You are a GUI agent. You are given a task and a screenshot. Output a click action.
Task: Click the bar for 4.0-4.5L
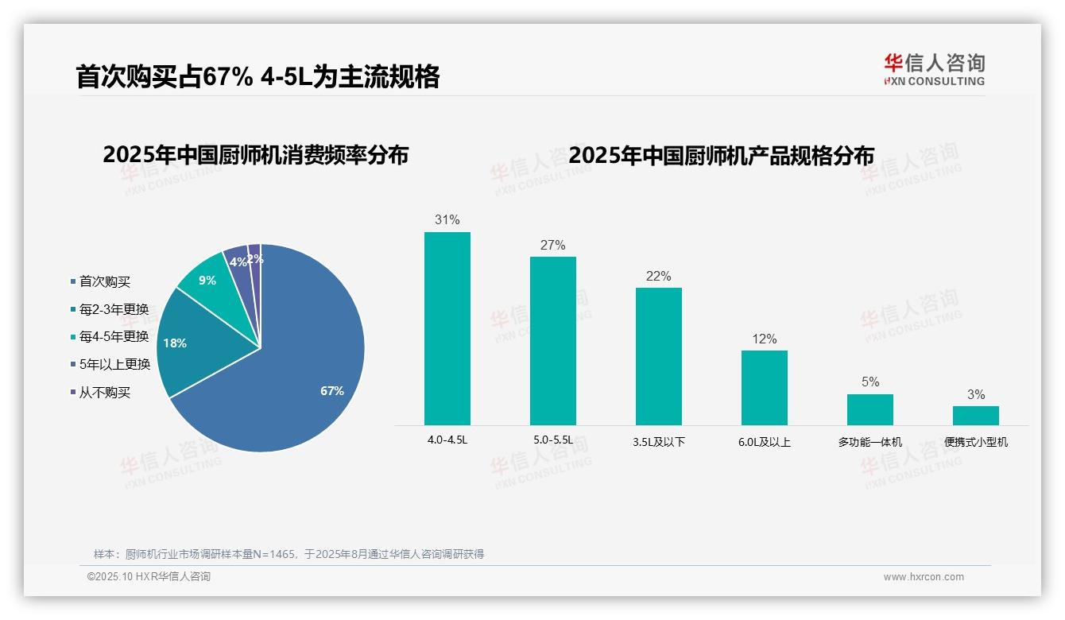(x=447, y=328)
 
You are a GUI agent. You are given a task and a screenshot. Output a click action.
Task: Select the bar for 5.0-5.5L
(x=552, y=340)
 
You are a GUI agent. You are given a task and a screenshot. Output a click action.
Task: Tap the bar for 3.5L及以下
(x=658, y=356)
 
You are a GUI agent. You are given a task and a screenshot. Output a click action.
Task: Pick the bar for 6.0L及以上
(x=764, y=387)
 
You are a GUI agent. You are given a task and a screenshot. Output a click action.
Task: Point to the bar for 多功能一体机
(x=869, y=409)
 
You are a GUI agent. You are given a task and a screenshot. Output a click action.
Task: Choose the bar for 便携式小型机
(x=975, y=415)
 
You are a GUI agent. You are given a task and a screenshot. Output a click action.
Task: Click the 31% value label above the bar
(x=447, y=219)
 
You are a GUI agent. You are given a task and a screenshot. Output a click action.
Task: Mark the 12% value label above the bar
(x=764, y=339)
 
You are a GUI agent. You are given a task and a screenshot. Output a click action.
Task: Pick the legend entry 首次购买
(x=104, y=281)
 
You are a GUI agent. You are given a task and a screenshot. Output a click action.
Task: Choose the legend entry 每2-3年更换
(x=114, y=309)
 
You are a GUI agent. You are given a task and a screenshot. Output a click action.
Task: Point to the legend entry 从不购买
(x=104, y=393)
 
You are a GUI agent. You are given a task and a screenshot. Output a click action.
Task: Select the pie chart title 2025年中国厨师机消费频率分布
(x=255, y=155)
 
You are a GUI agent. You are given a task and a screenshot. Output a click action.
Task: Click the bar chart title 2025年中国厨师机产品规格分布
(x=721, y=155)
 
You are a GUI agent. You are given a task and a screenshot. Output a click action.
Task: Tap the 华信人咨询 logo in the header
(x=933, y=69)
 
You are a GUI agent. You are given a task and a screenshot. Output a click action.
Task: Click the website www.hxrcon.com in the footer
(x=923, y=577)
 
